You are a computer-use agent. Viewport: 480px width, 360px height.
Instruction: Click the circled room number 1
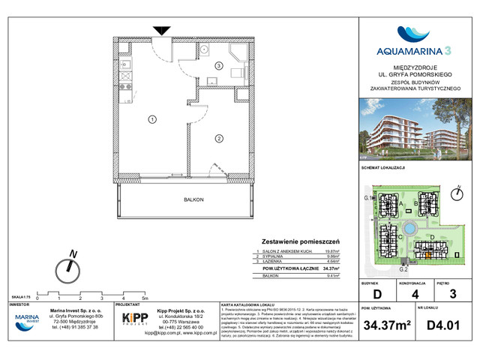151,118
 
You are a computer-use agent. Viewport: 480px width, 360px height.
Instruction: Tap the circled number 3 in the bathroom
218,66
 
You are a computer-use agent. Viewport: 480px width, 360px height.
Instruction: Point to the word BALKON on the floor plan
193,199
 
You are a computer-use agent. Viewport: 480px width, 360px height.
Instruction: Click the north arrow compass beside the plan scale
70,265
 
